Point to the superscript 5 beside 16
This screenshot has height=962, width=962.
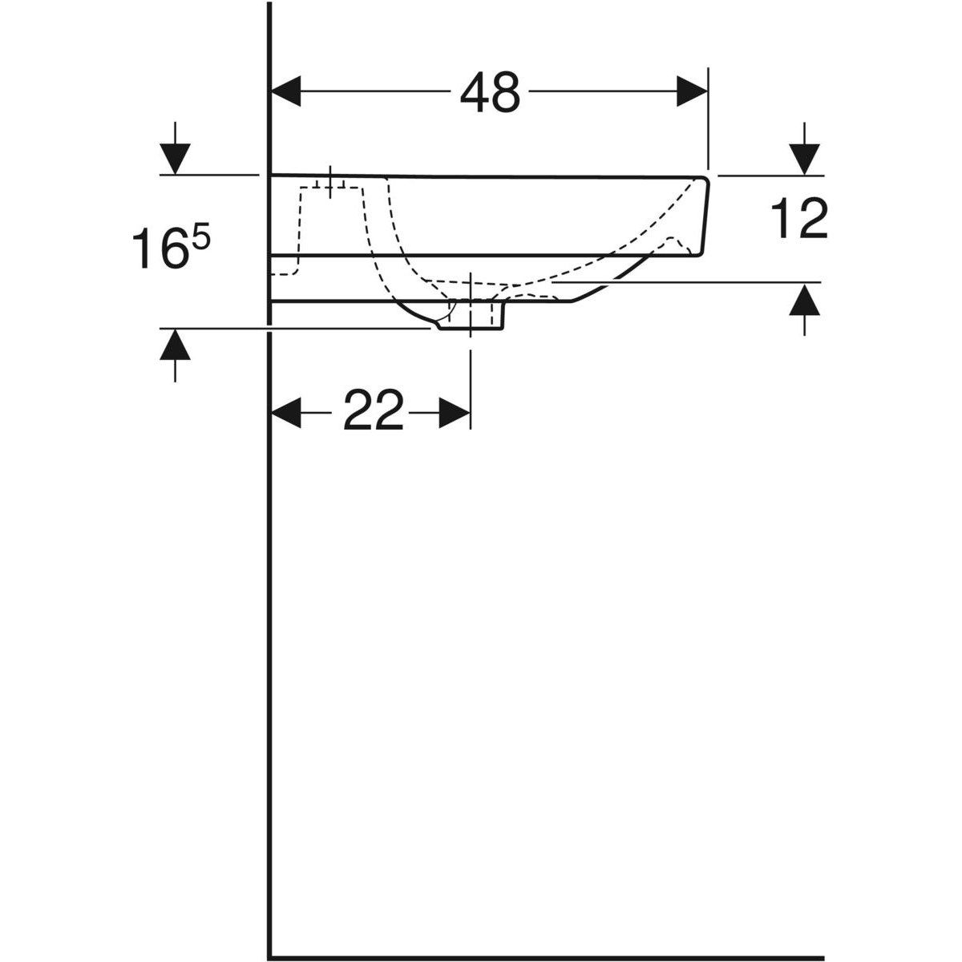click(200, 237)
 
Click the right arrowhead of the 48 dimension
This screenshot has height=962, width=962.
click(692, 91)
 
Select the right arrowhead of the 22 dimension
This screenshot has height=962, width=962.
click(455, 414)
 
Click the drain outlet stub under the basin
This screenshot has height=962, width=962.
click(473, 317)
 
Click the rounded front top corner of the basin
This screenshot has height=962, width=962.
click(705, 180)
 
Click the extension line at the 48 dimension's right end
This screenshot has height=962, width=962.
click(709, 120)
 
